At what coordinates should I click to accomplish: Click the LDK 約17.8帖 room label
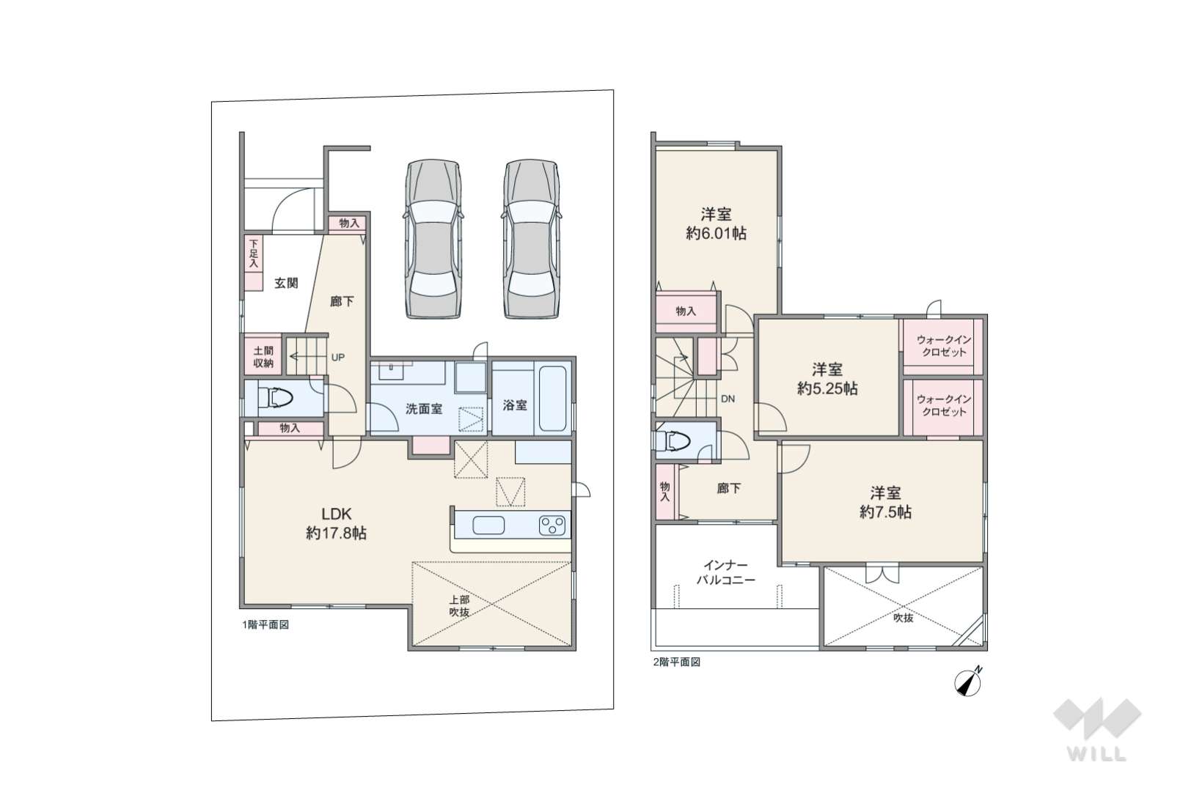(337, 523)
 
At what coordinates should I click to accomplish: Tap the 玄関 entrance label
(286, 283)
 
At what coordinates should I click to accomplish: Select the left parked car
(433, 239)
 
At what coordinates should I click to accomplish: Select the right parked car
(531, 239)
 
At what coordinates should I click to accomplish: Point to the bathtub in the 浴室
(553, 399)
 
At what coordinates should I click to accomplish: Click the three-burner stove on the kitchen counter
(553, 525)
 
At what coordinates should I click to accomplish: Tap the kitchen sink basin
(488, 525)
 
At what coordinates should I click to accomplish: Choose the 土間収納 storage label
(263, 357)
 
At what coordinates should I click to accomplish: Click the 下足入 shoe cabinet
(253, 263)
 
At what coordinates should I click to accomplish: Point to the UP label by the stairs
(338, 357)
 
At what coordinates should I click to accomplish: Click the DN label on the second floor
(728, 399)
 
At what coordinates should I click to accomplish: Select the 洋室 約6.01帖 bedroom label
(717, 224)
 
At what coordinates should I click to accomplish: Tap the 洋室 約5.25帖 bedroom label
(827, 379)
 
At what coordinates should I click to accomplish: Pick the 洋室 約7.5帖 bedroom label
(886, 503)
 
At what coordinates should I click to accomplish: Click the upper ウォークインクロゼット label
(944, 346)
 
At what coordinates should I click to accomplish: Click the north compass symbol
(969, 682)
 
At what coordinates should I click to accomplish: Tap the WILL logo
(1097, 728)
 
